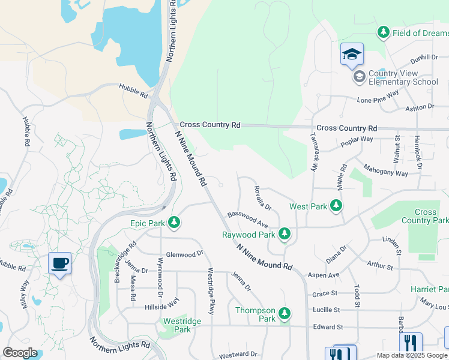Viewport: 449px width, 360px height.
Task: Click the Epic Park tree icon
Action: [x=174, y=223]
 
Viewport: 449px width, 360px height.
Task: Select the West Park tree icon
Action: [x=336, y=206]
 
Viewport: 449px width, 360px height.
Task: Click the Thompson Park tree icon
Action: [x=285, y=313]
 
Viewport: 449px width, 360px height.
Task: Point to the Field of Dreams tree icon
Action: [x=383, y=32]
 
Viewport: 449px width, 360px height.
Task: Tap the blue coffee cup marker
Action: [x=59, y=263]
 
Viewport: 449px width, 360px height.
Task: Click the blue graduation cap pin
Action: [x=352, y=54]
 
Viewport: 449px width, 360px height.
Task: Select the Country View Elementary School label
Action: [x=403, y=77]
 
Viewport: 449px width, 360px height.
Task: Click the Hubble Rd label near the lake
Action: [x=133, y=91]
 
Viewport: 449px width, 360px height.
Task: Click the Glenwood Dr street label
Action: [x=185, y=254]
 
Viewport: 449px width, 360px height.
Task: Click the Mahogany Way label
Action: [x=386, y=170]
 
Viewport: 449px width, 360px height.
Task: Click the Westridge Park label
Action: [x=177, y=325]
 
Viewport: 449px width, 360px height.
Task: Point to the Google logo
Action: [x=20, y=352]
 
